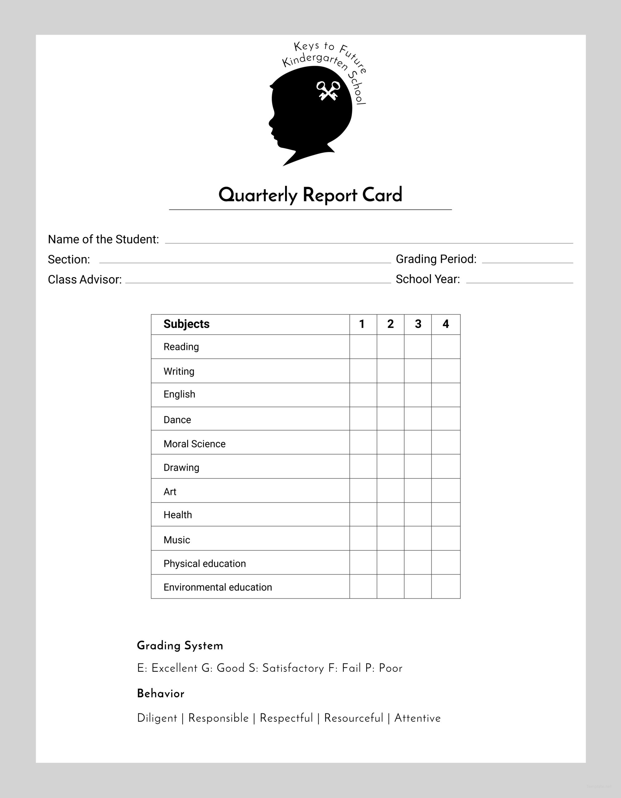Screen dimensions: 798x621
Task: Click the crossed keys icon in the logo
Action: tap(328, 91)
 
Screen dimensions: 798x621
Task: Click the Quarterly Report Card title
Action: tap(310, 195)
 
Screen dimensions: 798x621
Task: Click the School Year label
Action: tap(428, 279)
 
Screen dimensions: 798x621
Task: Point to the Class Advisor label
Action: tap(85, 280)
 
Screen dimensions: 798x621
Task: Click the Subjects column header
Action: tap(187, 324)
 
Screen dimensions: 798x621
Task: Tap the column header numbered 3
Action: tap(418, 324)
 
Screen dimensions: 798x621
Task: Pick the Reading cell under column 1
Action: tap(363, 347)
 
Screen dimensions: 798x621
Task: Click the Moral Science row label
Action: tap(194, 444)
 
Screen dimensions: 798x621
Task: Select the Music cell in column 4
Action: tap(446, 539)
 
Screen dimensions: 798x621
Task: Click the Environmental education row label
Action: tap(218, 587)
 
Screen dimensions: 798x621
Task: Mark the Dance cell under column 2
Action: tap(391, 419)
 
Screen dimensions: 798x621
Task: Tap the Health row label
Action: tap(178, 515)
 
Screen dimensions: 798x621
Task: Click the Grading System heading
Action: tap(180, 646)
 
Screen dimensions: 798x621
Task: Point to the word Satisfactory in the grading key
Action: tap(293, 668)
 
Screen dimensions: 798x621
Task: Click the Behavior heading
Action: tap(160, 694)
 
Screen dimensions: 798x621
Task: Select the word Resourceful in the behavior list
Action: tap(353, 718)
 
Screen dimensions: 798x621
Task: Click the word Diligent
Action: tap(157, 718)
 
